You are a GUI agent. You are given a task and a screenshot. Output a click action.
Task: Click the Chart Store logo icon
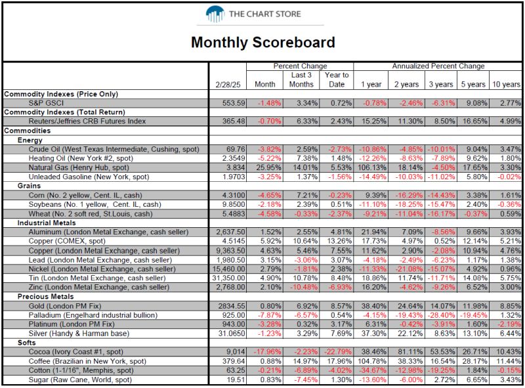pos(215,14)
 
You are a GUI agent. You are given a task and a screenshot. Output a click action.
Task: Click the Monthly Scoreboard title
pos(263,43)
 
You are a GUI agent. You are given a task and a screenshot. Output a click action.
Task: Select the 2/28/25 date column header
pos(228,85)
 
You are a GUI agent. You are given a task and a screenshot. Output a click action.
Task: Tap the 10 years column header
pos(506,85)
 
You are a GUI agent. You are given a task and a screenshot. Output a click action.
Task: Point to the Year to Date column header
pos(337,79)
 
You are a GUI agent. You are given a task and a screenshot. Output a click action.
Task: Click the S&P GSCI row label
pos(46,103)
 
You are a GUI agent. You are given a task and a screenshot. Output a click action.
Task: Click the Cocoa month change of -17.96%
pos(267,352)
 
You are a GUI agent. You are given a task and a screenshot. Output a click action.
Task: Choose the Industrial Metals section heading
pos(47,223)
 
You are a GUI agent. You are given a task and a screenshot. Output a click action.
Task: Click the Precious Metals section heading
pos(45,297)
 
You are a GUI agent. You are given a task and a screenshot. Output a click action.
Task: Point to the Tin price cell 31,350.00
pos(228,278)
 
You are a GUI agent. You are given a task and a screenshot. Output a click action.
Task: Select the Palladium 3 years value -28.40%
pos(441,315)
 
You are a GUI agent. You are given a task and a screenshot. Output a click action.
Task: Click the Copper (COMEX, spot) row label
pos(67,241)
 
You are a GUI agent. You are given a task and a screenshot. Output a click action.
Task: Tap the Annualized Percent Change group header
pos(438,66)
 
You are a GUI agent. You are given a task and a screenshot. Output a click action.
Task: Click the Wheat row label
pos(91,214)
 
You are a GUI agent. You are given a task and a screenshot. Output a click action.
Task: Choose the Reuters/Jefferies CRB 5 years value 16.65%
pos(474,121)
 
